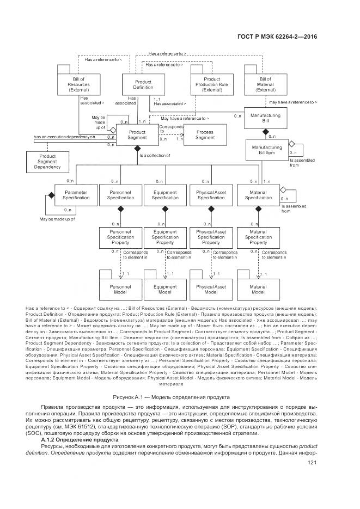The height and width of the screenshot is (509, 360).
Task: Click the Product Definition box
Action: point(143,84)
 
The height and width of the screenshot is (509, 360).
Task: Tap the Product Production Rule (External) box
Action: point(211,84)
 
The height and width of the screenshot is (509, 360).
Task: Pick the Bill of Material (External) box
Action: point(265,84)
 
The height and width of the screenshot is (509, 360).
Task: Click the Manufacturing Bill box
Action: point(265,119)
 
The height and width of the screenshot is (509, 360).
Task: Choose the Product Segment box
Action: point(137,134)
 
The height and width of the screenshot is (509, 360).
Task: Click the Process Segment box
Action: point(205,134)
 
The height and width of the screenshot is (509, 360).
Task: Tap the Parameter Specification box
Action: point(76,195)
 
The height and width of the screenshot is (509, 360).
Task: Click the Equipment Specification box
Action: point(165,195)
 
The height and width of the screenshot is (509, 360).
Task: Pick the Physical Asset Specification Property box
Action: point(211,237)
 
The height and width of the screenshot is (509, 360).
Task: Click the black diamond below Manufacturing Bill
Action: point(266,132)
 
